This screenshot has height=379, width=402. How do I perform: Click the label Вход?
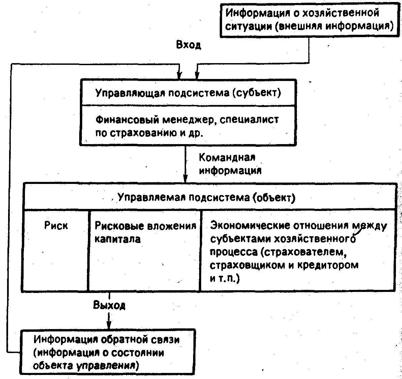pyautogui.click(x=188, y=45)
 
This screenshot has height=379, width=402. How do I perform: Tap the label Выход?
pyautogui.click(x=109, y=305)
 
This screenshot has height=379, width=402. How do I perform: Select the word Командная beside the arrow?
pyautogui.click(x=227, y=158)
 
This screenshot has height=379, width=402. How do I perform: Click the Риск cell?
pyautogui.click(x=56, y=225)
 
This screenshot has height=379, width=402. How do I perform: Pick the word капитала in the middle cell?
pyautogui.click(x=117, y=239)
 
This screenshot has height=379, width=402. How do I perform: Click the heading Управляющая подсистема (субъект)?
pyautogui.click(x=188, y=93)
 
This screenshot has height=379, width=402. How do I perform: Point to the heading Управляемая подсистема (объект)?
pyautogui.click(x=206, y=197)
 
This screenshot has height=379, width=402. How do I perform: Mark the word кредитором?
pyautogui.click(x=327, y=265)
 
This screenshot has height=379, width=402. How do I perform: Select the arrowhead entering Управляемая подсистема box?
pyautogui.click(x=185, y=179)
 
